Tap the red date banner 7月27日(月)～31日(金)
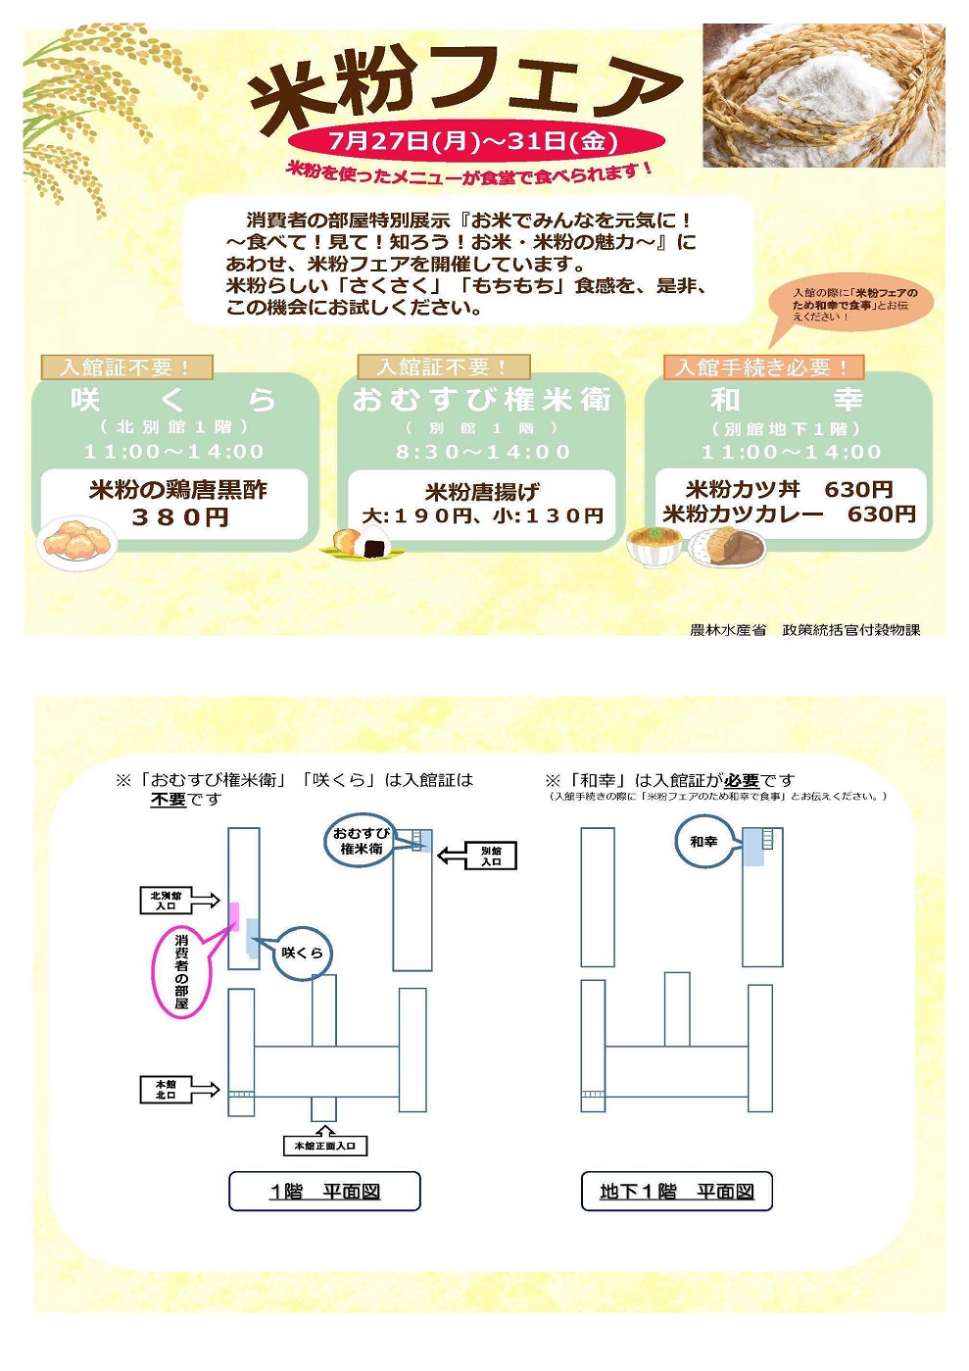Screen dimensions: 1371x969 (474, 141)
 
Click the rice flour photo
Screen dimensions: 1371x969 (823, 95)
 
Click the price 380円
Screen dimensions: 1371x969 (180, 516)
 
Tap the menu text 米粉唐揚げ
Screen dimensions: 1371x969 (481, 491)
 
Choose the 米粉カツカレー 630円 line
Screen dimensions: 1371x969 (789, 514)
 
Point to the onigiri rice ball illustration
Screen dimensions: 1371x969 (362, 542)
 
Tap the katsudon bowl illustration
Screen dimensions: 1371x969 (654, 545)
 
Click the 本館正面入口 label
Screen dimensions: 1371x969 (325, 1145)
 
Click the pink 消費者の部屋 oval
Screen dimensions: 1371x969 (181, 971)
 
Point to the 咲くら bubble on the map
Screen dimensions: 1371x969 (302, 952)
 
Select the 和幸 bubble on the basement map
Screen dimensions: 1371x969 (703, 841)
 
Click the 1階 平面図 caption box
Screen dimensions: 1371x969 (324, 1192)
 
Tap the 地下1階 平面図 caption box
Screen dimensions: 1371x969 (676, 1192)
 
